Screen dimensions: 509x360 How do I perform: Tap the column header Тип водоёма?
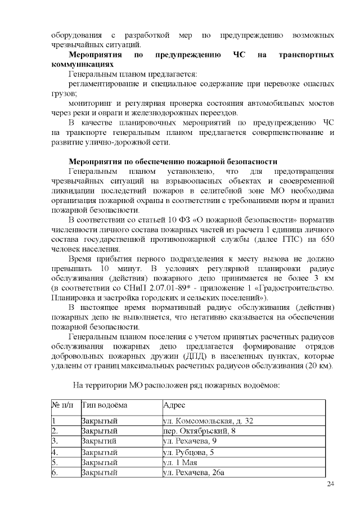pos(105,405)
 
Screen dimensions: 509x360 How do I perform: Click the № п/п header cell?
pos(64,405)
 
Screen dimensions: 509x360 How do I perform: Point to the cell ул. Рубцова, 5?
pos(188,452)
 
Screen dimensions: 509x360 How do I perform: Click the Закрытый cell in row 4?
pos(99,452)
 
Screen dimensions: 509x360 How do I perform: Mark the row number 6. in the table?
pos(55,472)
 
